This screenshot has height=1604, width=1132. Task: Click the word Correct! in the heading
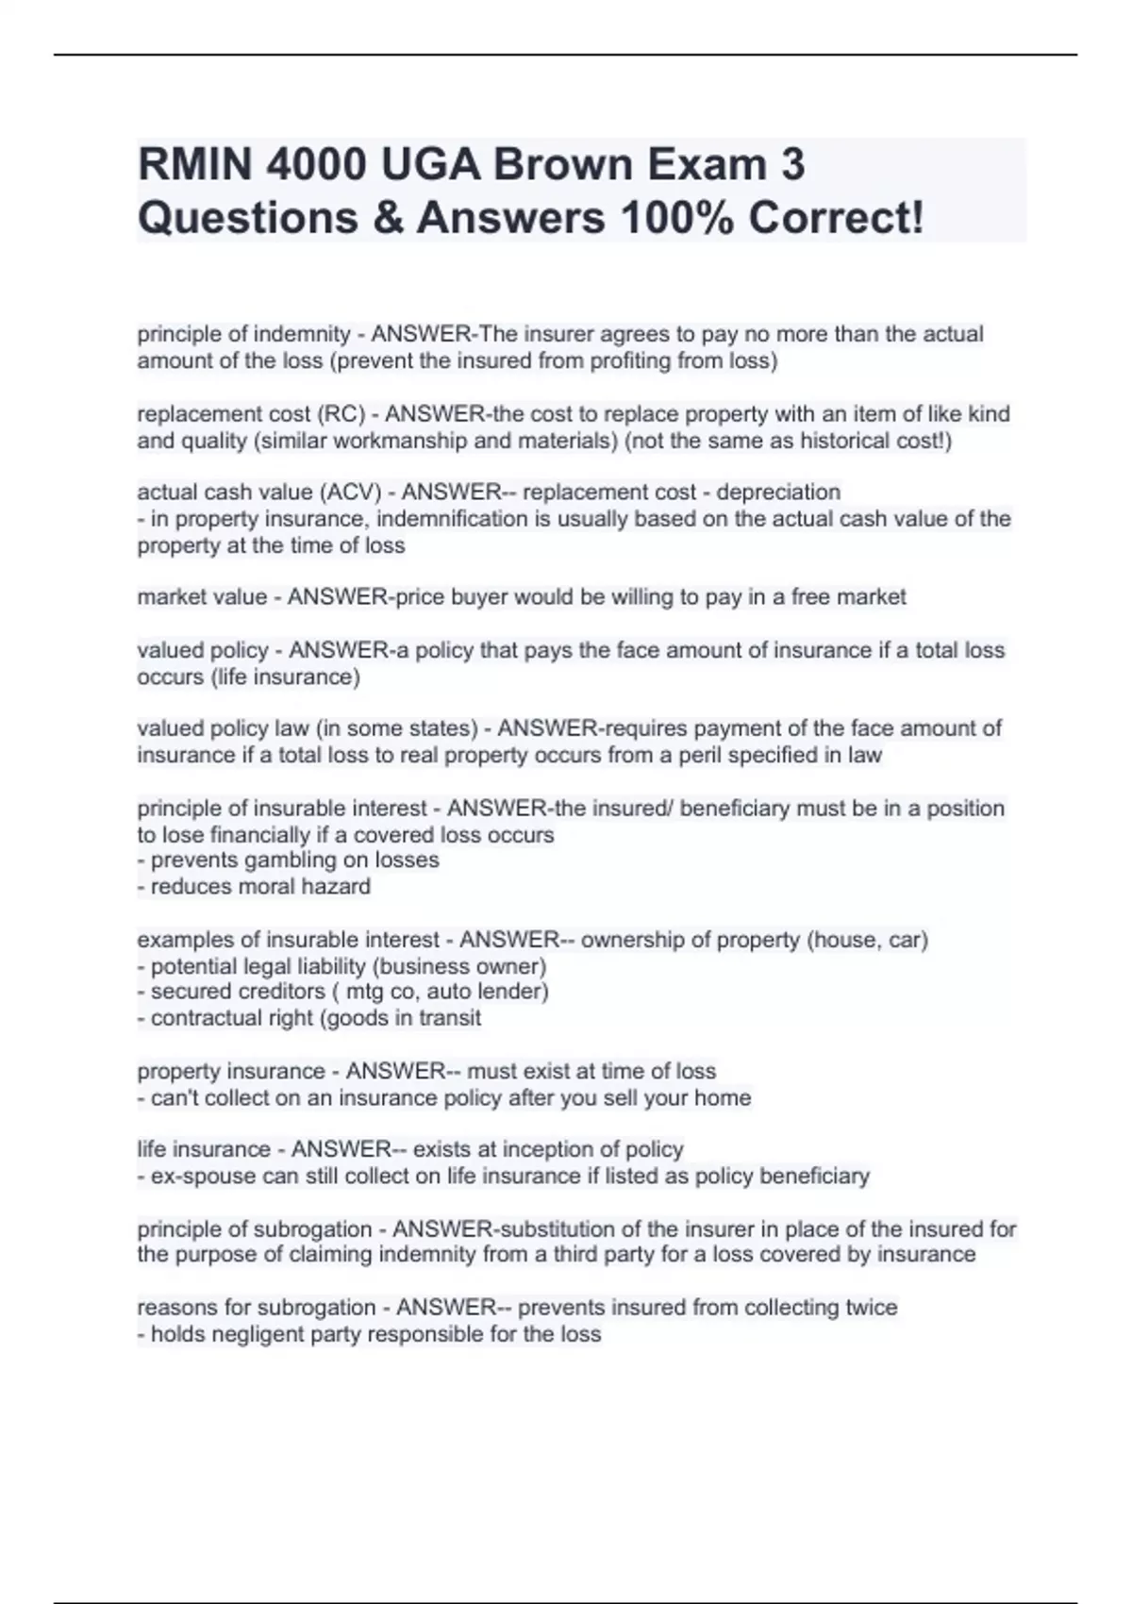pos(836,218)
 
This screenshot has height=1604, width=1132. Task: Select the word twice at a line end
pos(872,1308)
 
